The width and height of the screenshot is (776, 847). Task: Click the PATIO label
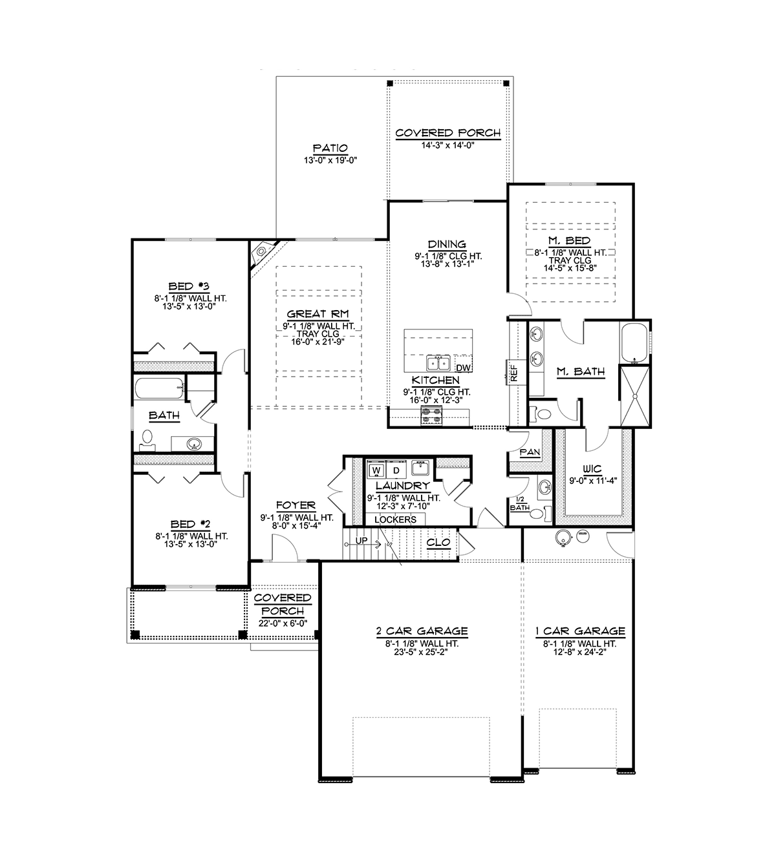click(x=330, y=148)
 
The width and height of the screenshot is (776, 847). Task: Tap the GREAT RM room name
click(x=318, y=314)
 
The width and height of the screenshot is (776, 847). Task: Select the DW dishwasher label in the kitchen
click(x=463, y=368)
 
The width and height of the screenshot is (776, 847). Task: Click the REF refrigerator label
click(x=514, y=373)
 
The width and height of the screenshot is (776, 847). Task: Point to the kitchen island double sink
click(x=437, y=362)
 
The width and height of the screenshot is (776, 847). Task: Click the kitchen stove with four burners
click(x=431, y=415)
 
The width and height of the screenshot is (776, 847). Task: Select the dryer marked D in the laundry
click(x=396, y=470)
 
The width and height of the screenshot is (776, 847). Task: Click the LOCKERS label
click(x=395, y=519)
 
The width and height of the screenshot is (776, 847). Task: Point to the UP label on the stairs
click(x=361, y=541)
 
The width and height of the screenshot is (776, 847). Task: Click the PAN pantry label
click(x=530, y=452)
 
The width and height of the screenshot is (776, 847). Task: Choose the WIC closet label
click(x=592, y=468)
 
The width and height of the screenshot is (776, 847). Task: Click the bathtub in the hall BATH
click(x=159, y=388)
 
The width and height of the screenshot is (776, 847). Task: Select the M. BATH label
click(x=581, y=371)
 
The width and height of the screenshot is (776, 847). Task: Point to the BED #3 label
click(x=189, y=286)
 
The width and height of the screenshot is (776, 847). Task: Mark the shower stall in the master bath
click(x=634, y=396)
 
